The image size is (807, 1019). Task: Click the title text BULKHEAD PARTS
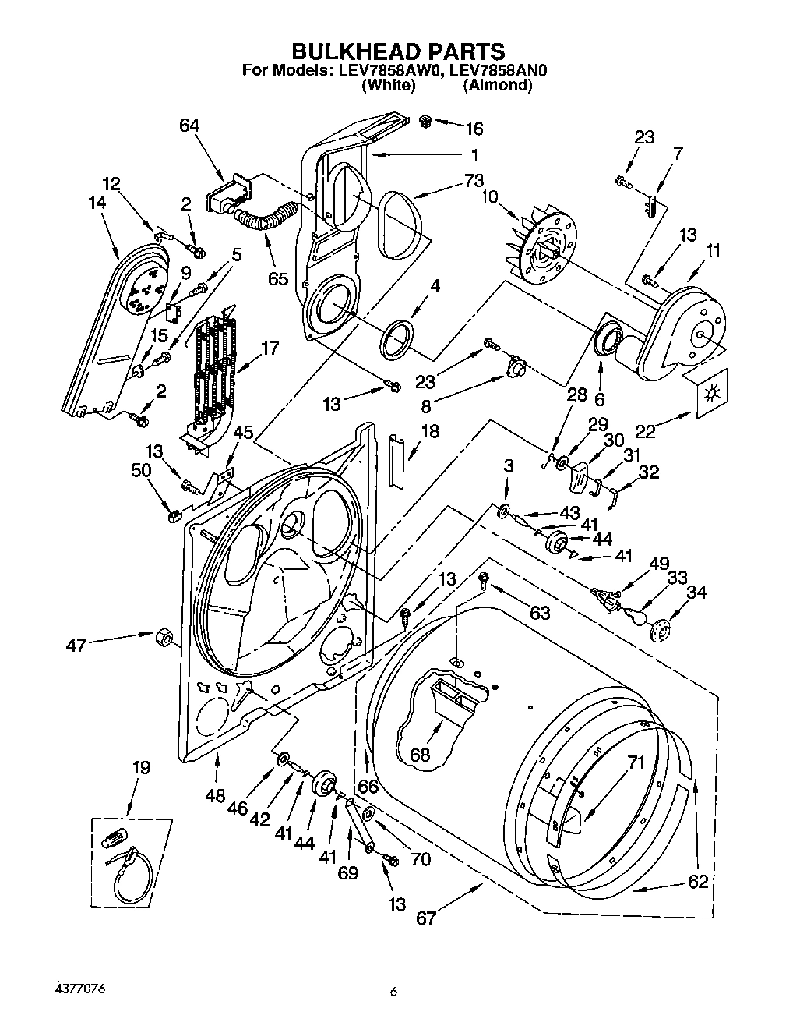(398, 51)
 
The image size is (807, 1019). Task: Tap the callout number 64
(189, 126)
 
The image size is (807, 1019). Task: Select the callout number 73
(474, 181)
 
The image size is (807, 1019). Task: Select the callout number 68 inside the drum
(420, 755)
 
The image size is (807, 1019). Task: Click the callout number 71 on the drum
(636, 763)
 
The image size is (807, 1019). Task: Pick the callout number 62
(698, 881)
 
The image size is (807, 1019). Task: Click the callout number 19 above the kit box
(140, 767)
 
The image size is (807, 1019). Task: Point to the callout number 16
(474, 128)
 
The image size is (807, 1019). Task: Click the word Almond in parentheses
(497, 85)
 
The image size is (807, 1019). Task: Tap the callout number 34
(695, 593)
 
